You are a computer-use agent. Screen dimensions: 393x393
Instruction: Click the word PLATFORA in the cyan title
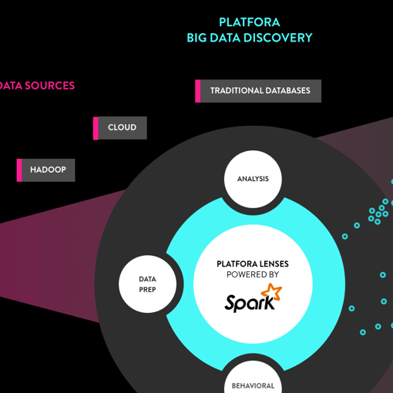[250, 22]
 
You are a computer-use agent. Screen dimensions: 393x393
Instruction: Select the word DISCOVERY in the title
[277, 38]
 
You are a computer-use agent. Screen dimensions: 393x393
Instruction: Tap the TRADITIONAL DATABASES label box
[258, 91]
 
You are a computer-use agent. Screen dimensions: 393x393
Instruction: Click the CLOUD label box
[120, 128]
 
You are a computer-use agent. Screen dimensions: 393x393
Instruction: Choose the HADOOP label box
[45, 170]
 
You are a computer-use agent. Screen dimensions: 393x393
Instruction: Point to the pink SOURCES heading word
[49, 86]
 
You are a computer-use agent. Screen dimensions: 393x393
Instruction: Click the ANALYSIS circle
[253, 179]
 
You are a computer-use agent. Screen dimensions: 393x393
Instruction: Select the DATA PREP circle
[147, 284]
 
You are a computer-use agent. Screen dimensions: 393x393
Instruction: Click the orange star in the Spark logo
[271, 291]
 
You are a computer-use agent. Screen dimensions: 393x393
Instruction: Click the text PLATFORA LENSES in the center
[253, 264]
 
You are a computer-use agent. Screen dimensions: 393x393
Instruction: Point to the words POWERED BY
[253, 274]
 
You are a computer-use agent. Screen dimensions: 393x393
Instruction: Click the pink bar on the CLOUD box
[96, 128]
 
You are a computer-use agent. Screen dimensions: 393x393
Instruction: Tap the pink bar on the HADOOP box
[19, 170]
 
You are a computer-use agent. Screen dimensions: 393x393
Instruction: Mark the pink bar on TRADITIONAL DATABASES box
[198, 91]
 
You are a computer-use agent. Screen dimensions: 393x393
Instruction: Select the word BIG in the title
[196, 38]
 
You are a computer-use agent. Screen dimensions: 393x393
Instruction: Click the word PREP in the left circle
[147, 290]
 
